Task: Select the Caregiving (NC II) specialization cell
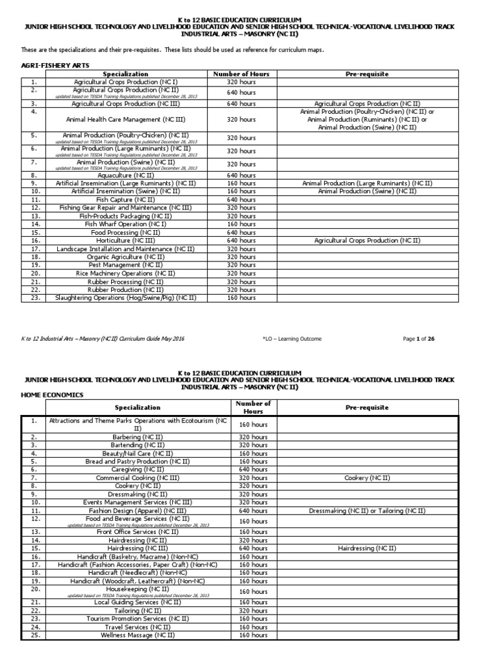point(137,469)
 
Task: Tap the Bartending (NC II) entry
point(137,445)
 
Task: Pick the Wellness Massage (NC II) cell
point(137,635)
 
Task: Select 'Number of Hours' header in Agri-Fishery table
point(240,74)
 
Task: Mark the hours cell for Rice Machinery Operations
point(240,273)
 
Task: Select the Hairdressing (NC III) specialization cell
point(137,548)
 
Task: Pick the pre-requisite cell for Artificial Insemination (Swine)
point(367,191)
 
